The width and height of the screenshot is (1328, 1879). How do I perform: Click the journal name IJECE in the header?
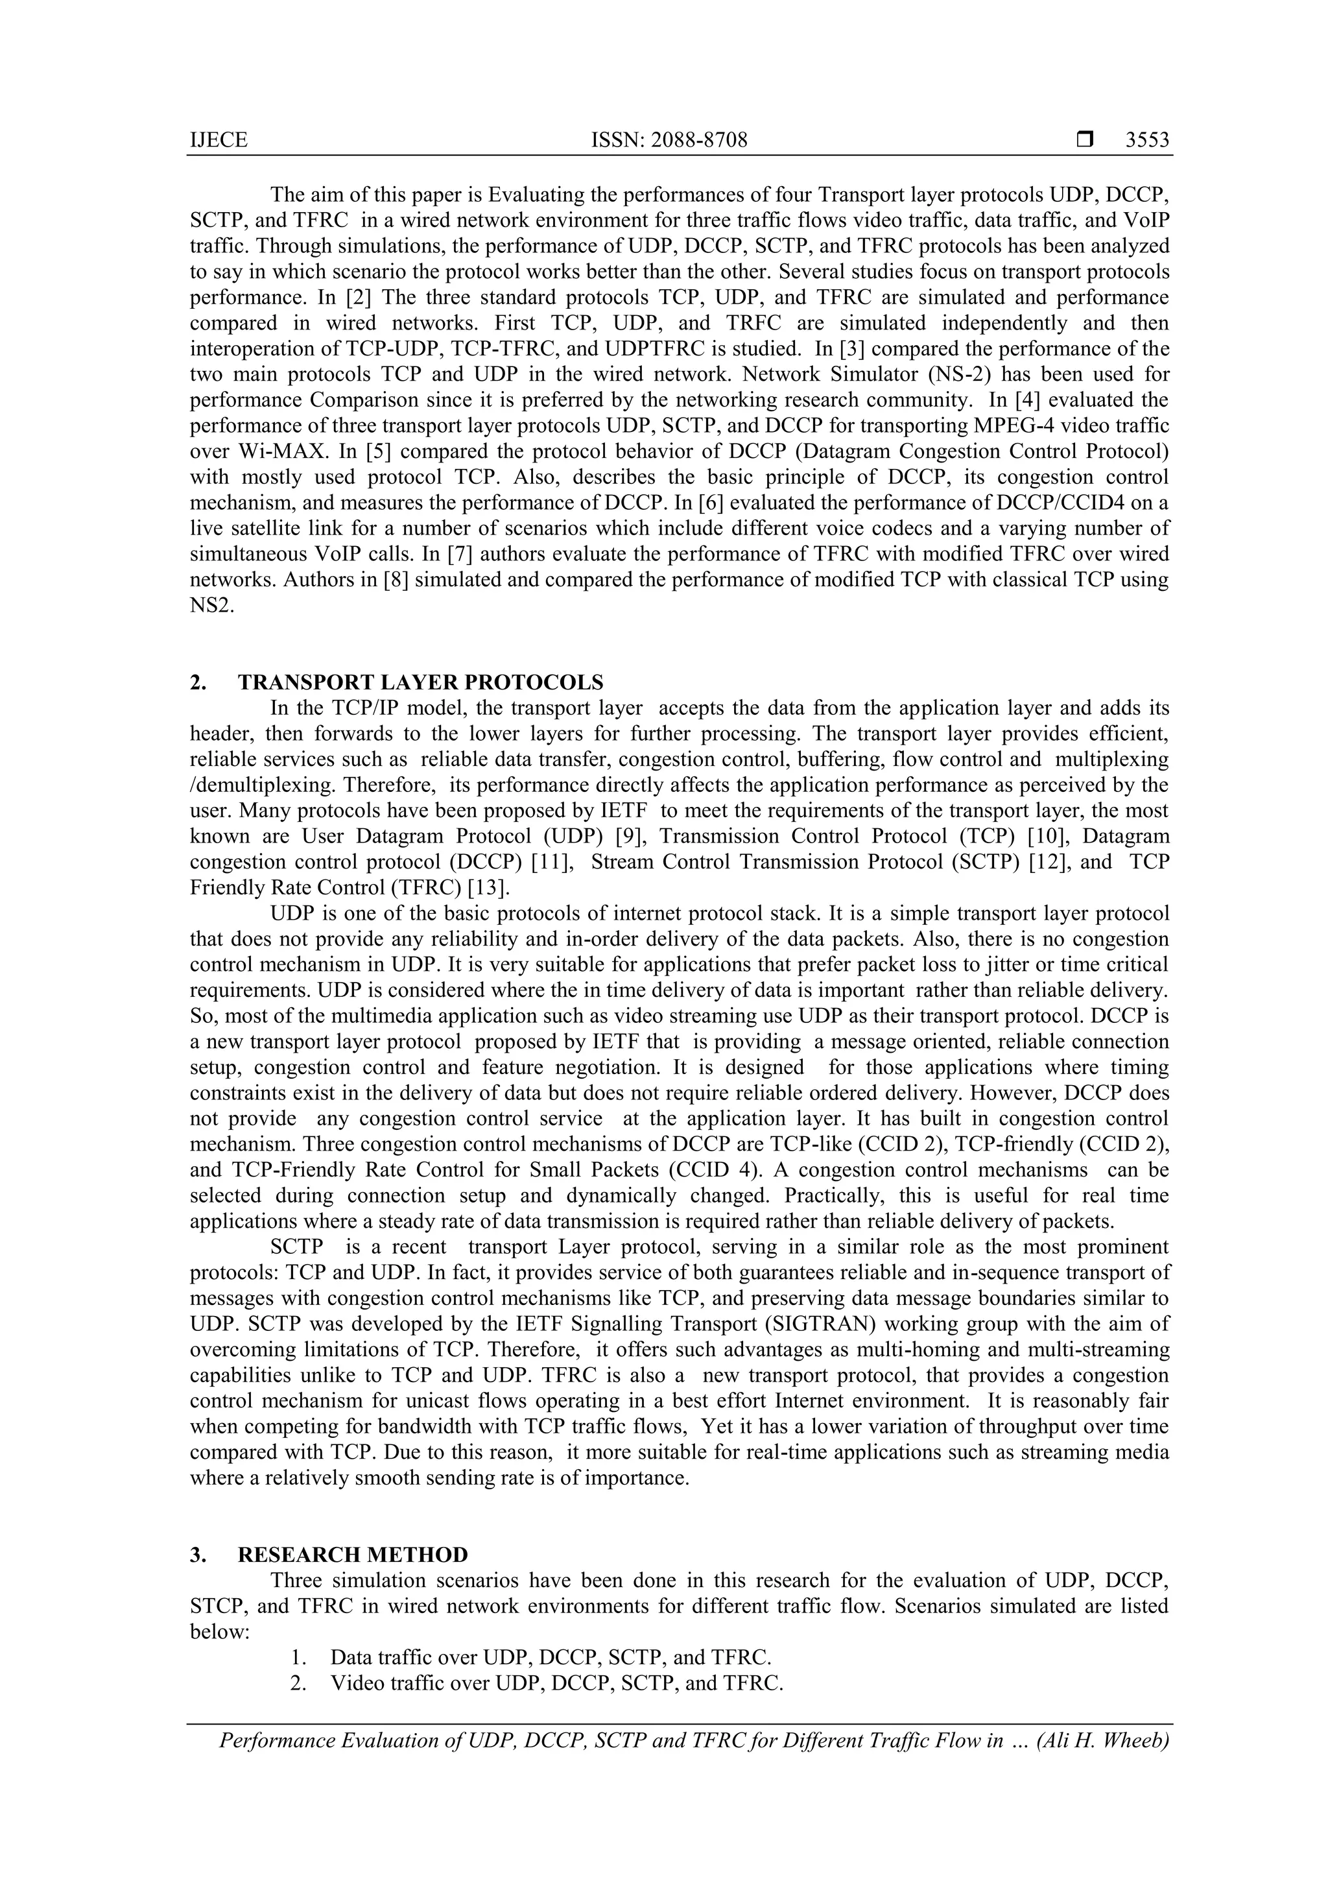pyautogui.click(x=218, y=141)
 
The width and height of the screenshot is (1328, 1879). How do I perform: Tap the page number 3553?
pyautogui.click(x=1147, y=141)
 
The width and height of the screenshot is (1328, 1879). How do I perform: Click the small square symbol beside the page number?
pyautogui.click(x=1084, y=140)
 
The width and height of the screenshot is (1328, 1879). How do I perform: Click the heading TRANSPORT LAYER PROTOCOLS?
pyautogui.click(x=421, y=682)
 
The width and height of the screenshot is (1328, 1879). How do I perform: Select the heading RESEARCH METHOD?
pyautogui.click(x=353, y=1554)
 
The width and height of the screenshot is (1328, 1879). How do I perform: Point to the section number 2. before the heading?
pyautogui.click(x=198, y=682)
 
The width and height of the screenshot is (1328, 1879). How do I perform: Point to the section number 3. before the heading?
pyautogui.click(x=198, y=1554)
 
